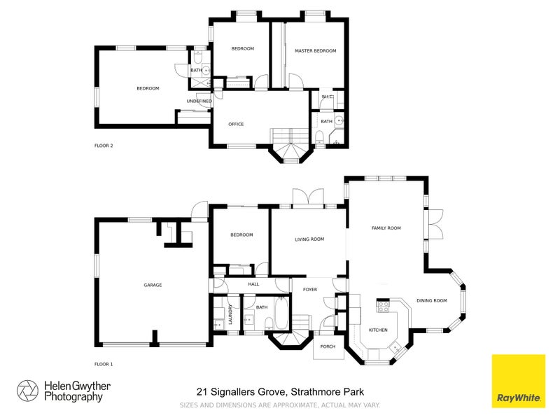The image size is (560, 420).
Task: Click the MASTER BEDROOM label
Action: click(315, 51)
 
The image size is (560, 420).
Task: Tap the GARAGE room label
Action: click(153, 285)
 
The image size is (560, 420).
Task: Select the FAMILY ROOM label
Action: click(386, 228)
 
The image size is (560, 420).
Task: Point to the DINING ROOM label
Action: click(431, 300)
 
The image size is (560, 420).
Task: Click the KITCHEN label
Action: click(378, 329)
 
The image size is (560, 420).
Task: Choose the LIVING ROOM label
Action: click(309, 239)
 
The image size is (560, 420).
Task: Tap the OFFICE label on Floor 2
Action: click(236, 124)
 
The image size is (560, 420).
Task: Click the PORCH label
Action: click(327, 346)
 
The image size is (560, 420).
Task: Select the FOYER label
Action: click(309, 289)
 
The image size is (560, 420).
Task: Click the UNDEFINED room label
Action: click(199, 101)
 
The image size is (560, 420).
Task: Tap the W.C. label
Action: click(325, 97)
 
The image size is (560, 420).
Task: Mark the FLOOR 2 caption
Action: click(104, 146)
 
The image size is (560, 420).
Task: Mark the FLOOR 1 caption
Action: click(104, 364)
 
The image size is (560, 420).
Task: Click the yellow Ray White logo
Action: click(518, 380)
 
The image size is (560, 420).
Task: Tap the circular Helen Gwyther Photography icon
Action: click(28, 391)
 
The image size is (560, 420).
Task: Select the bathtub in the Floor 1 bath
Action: click(280, 314)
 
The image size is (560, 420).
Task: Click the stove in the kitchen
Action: click(384, 305)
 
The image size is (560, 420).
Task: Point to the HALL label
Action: click(253, 284)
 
